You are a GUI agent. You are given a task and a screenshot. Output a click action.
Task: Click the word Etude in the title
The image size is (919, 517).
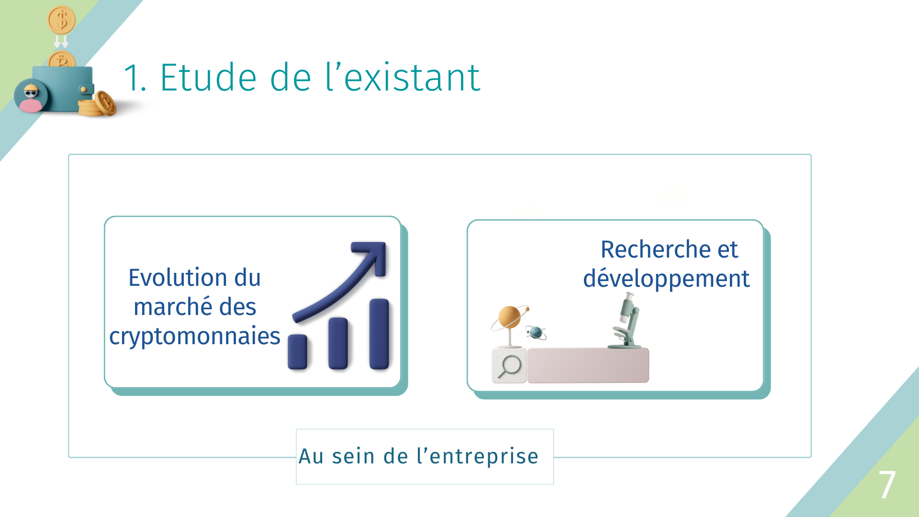[208, 78]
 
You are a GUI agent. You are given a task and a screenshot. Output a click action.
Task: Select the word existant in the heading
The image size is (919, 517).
[412, 78]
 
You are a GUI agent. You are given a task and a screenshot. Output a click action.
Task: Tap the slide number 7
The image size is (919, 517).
[887, 484]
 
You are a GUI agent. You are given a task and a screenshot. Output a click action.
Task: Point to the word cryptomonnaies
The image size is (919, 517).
[194, 337]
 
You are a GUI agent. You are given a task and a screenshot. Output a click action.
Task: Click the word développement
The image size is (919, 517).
[666, 279]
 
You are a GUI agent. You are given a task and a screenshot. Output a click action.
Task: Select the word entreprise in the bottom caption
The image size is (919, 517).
[484, 457]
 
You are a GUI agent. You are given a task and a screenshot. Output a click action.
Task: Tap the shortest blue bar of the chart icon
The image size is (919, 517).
[297, 352]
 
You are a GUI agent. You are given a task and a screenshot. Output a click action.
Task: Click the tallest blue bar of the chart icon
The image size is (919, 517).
[379, 334]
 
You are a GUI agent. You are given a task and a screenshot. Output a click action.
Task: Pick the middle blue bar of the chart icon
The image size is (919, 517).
[338, 343]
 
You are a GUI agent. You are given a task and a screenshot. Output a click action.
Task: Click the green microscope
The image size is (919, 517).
[626, 321]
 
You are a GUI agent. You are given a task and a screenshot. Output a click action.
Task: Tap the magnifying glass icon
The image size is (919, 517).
[509, 366]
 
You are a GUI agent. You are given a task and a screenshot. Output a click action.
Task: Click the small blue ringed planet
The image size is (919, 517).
[536, 332]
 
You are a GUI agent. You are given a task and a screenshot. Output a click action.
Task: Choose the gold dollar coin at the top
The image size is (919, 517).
[62, 20]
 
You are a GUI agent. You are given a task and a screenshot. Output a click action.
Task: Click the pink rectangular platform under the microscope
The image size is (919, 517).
[588, 365]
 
